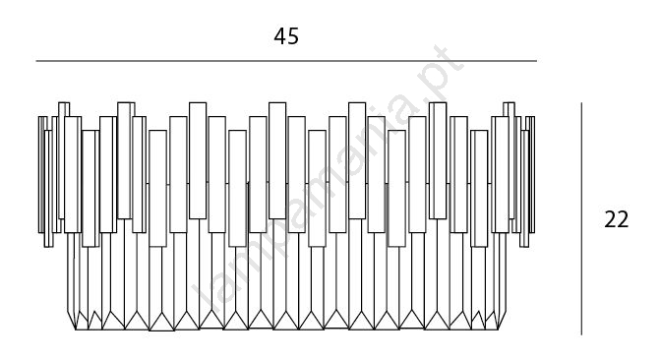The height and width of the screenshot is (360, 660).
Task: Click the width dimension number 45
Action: coord(286,36)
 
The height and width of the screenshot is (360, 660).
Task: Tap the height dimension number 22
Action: coord(616,219)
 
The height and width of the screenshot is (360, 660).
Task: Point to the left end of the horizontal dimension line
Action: coord(36,61)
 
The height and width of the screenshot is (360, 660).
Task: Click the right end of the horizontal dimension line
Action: coord(537,61)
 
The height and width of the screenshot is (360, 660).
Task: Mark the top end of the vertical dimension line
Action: coord(581,102)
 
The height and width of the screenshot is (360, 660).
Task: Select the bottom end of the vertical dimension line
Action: coord(581,334)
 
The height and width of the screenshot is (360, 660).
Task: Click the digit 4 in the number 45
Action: coord(280,36)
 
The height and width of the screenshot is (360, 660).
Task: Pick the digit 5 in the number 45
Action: coord(293,36)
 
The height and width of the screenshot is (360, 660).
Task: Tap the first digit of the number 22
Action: coord(610,219)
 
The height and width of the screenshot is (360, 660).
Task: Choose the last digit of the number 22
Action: coord(623,219)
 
